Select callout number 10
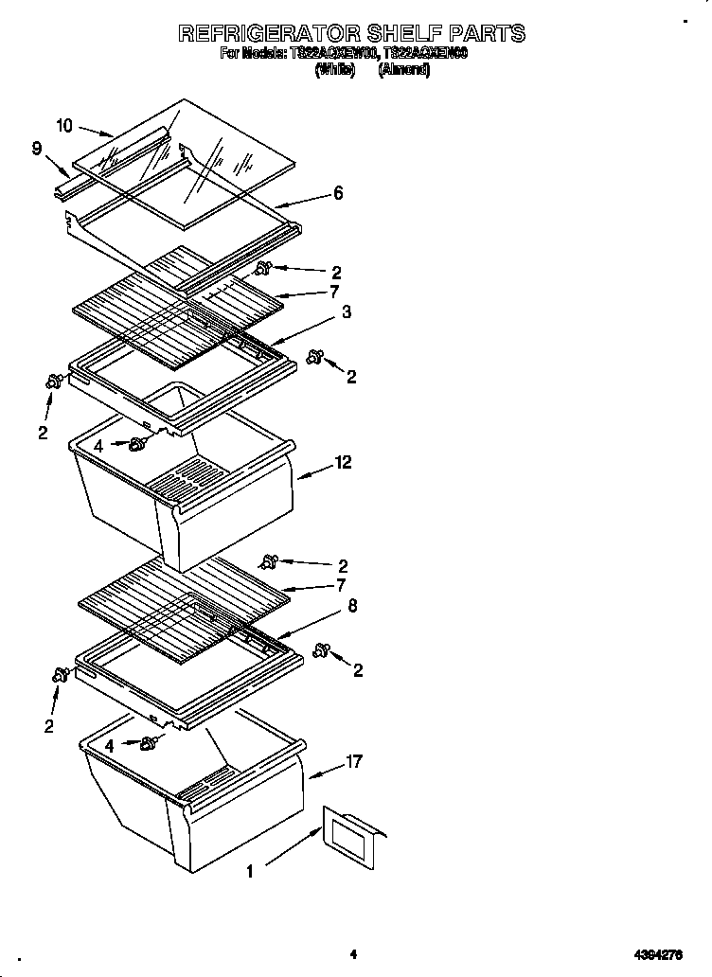pyautogui.click(x=64, y=124)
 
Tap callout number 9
pyautogui.click(x=36, y=148)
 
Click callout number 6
pyautogui.click(x=338, y=193)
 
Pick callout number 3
pyautogui.click(x=347, y=311)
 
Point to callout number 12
pyautogui.click(x=343, y=462)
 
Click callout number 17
pyautogui.click(x=354, y=760)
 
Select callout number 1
pyautogui.click(x=250, y=871)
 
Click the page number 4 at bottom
pyautogui.click(x=352, y=954)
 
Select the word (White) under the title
pyautogui.click(x=333, y=70)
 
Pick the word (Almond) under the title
pyautogui.click(x=404, y=70)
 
